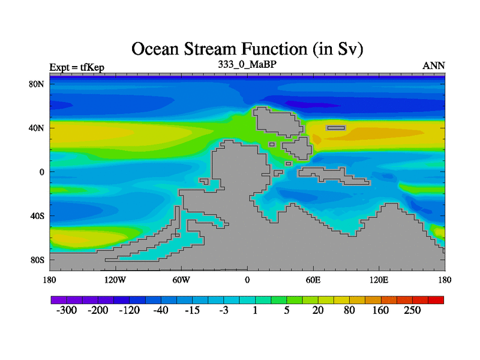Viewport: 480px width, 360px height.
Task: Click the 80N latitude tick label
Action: (x=37, y=84)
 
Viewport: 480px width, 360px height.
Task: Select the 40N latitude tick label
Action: (x=37, y=128)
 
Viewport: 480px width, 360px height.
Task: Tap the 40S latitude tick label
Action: (x=37, y=216)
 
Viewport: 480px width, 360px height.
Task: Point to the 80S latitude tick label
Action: (x=37, y=260)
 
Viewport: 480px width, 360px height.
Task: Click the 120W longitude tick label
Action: (x=115, y=280)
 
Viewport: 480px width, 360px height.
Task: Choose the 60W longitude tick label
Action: (x=181, y=280)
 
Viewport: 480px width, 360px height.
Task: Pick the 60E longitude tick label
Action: (x=313, y=280)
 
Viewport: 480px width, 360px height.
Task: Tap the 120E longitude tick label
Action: (x=379, y=280)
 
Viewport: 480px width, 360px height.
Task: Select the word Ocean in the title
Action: (x=155, y=49)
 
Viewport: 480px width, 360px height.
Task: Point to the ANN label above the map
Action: (x=434, y=66)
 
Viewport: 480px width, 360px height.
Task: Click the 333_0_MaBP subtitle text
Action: (x=247, y=64)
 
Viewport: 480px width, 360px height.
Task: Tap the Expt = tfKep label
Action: (x=77, y=67)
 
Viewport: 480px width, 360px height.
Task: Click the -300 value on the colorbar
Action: (x=67, y=310)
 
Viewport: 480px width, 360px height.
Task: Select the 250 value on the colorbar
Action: (x=412, y=310)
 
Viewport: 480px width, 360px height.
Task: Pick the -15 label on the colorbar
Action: (x=192, y=310)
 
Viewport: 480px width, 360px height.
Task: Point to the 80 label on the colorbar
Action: (x=349, y=310)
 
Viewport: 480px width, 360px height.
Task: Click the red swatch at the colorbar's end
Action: (x=436, y=300)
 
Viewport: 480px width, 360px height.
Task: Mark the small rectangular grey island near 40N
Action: (x=336, y=128)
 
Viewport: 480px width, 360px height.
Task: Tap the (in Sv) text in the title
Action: (x=338, y=50)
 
